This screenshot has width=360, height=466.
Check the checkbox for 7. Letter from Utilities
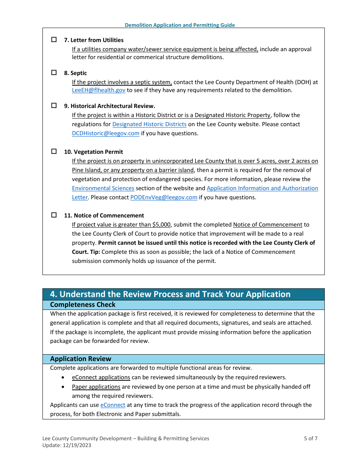click(x=54, y=39)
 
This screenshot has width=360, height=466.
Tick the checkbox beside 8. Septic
click(x=54, y=72)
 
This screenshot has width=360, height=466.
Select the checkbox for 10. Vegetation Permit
click(x=54, y=151)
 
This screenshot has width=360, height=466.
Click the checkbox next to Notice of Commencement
click(x=54, y=215)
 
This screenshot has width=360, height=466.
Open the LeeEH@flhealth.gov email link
click(x=99, y=90)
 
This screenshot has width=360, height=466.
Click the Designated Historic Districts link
click(x=149, y=124)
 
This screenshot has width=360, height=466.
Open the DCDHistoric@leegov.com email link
click(x=106, y=133)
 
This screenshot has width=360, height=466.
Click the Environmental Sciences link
click(x=103, y=188)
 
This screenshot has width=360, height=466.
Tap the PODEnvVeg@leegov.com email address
click(x=164, y=197)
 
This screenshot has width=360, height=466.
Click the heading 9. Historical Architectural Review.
click(x=110, y=106)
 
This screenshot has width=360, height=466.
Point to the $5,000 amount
click(x=161, y=225)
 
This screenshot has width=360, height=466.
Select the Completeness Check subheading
click(x=83, y=305)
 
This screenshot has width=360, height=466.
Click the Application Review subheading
click(x=81, y=359)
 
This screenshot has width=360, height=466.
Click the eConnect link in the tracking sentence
click(x=113, y=405)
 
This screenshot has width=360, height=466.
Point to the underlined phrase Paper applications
click(x=96, y=387)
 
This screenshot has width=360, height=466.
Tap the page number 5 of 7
click(x=310, y=438)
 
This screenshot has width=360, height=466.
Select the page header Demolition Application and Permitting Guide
click(x=180, y=25)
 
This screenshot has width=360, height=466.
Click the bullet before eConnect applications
click(x=63, y=378)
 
